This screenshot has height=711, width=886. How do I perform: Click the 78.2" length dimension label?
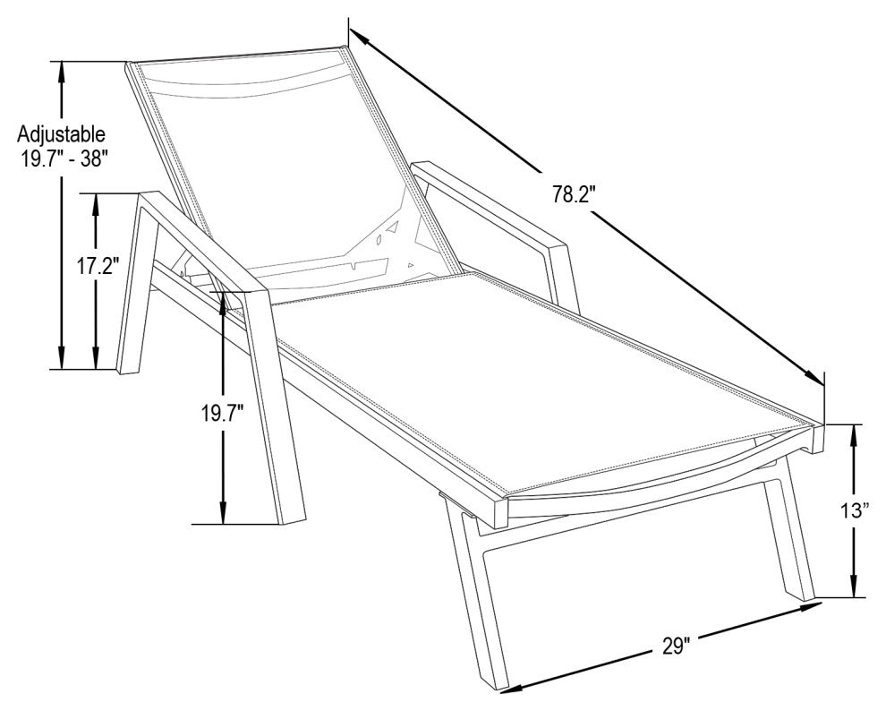pos(575,194)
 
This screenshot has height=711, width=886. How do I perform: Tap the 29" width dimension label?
pos(676,646)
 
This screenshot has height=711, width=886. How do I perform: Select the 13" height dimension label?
pos(854,510)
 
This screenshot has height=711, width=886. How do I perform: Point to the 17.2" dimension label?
pos(98,266)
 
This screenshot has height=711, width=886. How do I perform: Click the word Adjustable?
pos(61,134)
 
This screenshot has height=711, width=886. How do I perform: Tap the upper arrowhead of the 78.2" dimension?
pos(358,38)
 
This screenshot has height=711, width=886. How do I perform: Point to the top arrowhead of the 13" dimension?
pos(854,434)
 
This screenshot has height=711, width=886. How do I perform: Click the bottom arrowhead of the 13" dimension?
pos(854,587)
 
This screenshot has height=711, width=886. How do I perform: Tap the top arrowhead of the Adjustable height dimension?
pos(62,72)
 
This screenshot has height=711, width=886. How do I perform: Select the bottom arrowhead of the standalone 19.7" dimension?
pos(223,514)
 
